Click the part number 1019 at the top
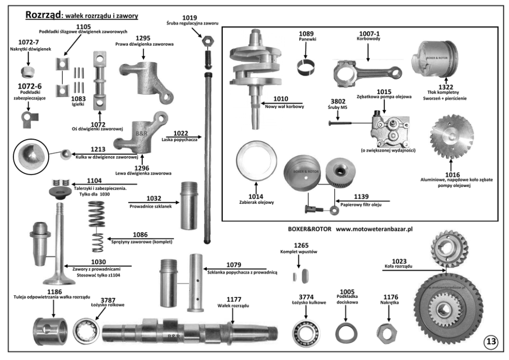click(x=189, y=17)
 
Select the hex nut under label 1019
click(x=208, y=41)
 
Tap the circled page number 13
click(x=491, y=341)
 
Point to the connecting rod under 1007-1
click(x=367, y=73)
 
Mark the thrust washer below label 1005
click(x=346, y=333)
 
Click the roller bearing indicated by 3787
click(x=86, y=331)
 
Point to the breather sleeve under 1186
click(x=51, y=331)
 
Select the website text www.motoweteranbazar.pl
click(x=374, y=229)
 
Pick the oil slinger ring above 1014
click(x=257, y=161)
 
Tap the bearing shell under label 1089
click(x=305, y=67)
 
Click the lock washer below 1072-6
click(x=30, y=119)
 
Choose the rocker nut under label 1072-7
click(x=28, y=72)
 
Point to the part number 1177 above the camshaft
click(x=234, y=299)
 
